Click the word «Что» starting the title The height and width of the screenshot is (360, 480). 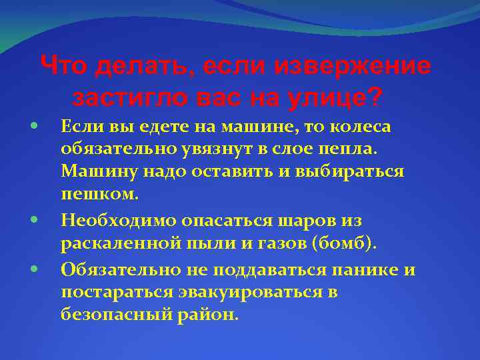tap(65, 67)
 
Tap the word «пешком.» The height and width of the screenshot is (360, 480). tap(100, 195)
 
